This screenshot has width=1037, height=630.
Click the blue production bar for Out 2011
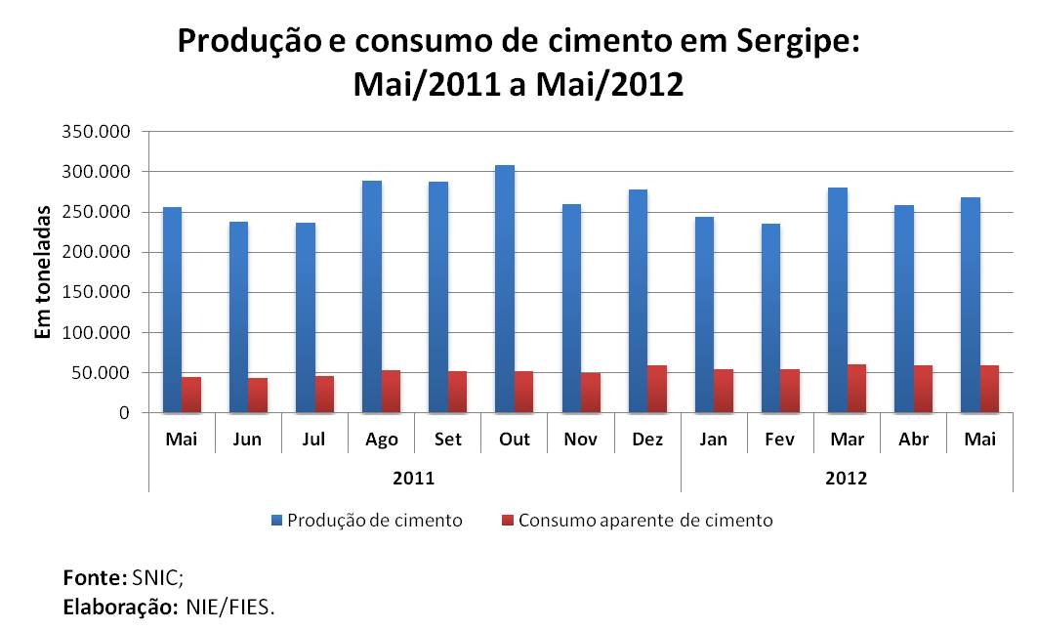[505, 289]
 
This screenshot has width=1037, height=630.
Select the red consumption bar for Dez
[656, 389]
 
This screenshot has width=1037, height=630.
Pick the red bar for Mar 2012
[856, 388]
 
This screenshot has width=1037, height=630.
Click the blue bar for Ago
[372, 297]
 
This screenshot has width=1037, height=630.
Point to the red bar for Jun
[258, 395]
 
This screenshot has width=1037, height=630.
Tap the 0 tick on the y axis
[124, 413]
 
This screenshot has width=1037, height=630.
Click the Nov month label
[581, 440]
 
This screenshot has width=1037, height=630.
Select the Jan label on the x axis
[714, 440]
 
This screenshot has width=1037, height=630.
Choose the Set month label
[448, 440]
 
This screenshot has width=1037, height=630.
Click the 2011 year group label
[415, 479]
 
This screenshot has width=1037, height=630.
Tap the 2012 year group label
[846, 479]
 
